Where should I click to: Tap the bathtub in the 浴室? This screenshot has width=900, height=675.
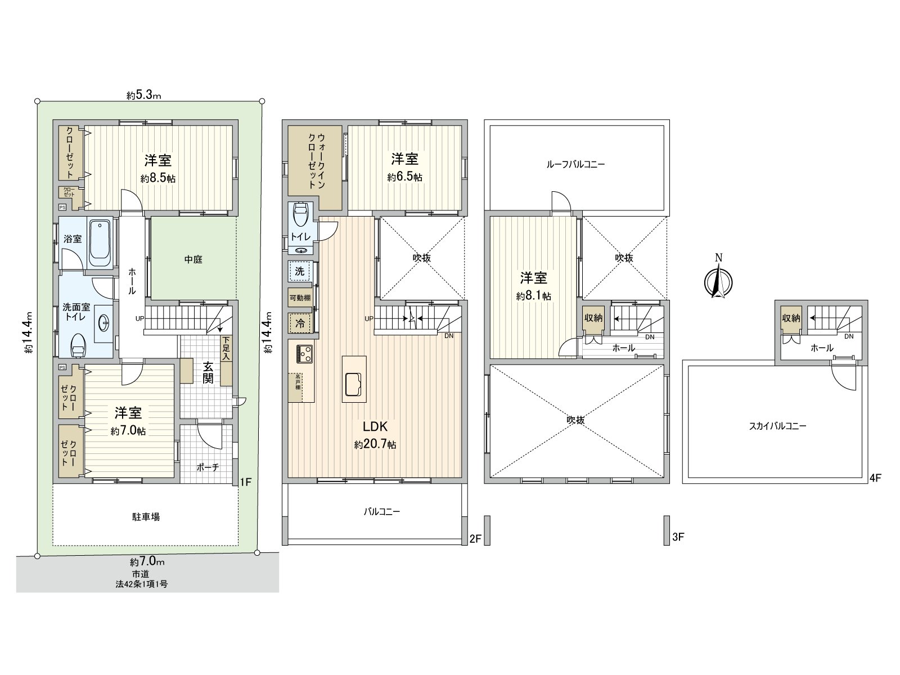click(x=101, y=244)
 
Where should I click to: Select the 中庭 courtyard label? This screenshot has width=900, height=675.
click(x=193, y=259)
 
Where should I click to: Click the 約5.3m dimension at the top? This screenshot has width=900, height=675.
click(x=144, y=96)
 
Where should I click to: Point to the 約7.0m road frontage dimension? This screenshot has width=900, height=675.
click(x=147, y=561)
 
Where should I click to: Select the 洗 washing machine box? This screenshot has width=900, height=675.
click(x=300, y=271)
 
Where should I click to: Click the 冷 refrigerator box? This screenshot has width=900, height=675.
click(x=300, y=323)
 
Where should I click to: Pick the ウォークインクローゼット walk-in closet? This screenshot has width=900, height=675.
click(x=315, y=163)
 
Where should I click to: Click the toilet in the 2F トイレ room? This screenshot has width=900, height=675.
click(x=300, y=216)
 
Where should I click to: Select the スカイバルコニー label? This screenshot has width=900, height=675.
click(x=778, y=426)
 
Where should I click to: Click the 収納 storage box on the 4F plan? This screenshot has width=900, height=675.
click(x=790, y=318)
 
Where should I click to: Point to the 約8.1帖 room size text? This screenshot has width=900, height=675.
click(x=533, y=296)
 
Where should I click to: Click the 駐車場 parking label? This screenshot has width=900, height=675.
click(x=146, y=516)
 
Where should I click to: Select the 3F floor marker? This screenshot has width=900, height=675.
click(x=678, y=537)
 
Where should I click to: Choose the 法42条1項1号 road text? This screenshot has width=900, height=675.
click(x=141, y=584)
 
